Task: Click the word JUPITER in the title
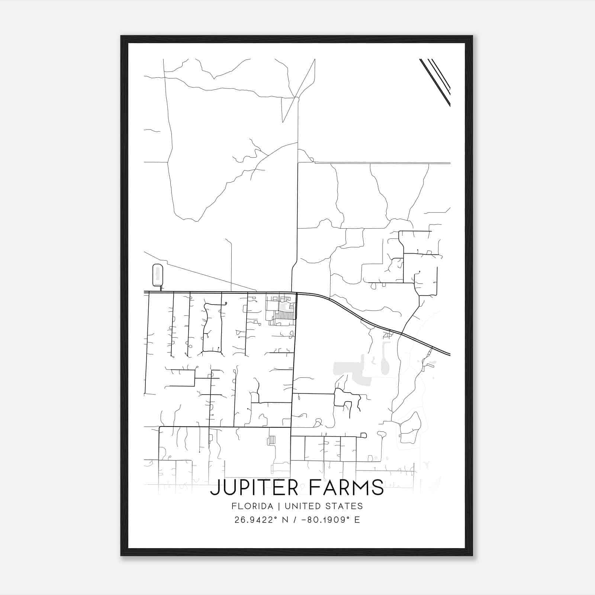254,488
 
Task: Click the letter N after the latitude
286,520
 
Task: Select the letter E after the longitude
357,520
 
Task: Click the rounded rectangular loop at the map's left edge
158,275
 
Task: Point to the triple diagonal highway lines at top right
435,81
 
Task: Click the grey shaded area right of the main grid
348,370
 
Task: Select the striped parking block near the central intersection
285,315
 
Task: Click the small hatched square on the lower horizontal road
272,440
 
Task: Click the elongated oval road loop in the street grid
212,327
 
